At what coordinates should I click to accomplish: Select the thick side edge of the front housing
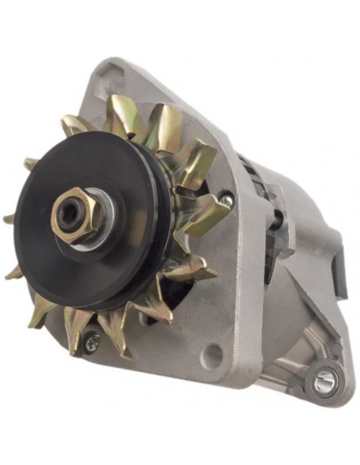[x=247, y=263]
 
